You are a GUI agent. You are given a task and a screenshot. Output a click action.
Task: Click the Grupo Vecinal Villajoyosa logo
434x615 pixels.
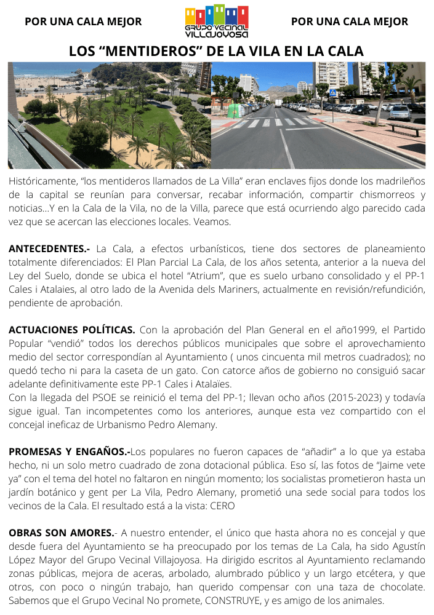(x=217, y=22)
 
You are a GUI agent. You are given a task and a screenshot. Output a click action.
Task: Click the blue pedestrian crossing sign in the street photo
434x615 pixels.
(x=333, y=93)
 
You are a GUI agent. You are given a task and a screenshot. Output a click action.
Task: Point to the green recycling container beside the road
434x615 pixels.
(x=233, y=110)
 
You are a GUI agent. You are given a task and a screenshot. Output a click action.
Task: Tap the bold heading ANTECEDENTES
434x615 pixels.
(x=49, y=249)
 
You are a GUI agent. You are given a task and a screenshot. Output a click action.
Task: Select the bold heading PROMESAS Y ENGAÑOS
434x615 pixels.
(x=70, y=451)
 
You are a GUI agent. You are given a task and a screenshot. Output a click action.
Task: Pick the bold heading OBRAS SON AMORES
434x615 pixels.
(x=62, y=533)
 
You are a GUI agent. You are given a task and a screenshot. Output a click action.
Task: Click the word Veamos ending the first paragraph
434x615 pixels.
(x=211, y=222)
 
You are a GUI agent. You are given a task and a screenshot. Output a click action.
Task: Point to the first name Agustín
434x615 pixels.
(x=406, y=546)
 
